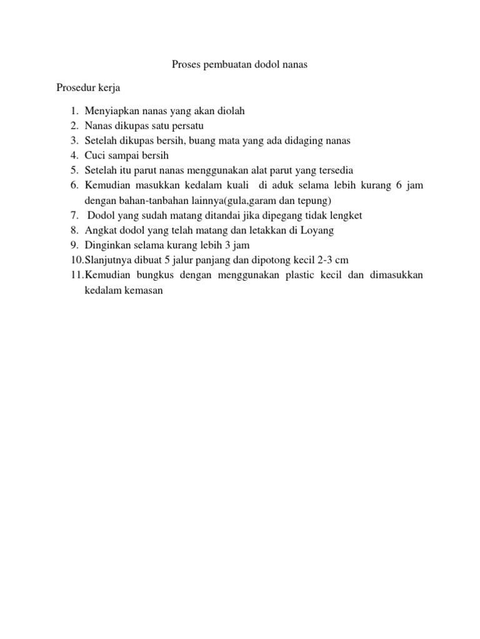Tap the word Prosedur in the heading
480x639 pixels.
[x=76, y=87]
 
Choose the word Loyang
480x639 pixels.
[x=317, y=230]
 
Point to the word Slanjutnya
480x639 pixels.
[x=107, y=260]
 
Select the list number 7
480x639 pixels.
[x=73, y=215]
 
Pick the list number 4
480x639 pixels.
[x=73, y=156]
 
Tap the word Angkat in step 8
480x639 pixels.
[x=99, y=230]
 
